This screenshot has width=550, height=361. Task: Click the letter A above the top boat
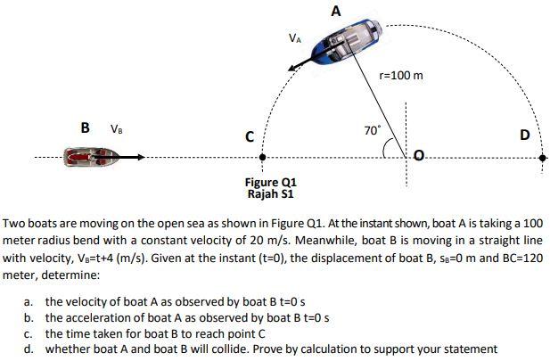point(335,12)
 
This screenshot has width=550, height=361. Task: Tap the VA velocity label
point(295,39)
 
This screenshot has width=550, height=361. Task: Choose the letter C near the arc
point(251,136)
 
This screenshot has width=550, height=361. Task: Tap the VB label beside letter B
point(116,128)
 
